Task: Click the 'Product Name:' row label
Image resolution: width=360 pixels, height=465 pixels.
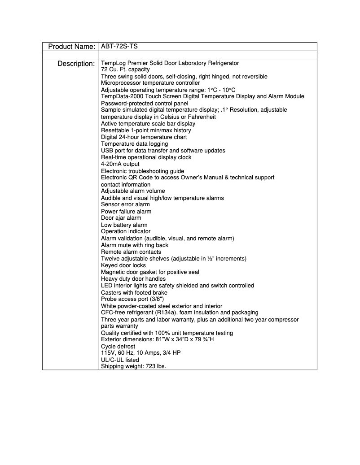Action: (71, 47)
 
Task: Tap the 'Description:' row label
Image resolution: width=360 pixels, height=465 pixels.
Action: (76, 64)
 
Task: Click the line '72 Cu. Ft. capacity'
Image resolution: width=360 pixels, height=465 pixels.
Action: (125, 70)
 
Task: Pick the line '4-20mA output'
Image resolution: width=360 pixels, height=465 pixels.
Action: (120, 164)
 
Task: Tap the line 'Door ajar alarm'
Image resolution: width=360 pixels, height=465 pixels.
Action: (121, 218)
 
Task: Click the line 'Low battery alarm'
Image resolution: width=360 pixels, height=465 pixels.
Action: (124, 225)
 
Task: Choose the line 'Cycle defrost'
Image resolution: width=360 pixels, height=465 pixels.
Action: (118, 347)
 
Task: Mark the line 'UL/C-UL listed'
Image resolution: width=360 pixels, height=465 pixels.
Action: (120, 360)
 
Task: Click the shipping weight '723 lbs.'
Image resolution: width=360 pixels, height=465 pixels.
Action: (156, 366)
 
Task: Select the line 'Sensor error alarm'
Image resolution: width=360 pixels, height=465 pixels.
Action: (125, 204)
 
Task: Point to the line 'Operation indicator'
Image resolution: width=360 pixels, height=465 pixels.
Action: (126, 231)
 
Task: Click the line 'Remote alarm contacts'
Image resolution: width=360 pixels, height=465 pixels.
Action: (131, 252)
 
